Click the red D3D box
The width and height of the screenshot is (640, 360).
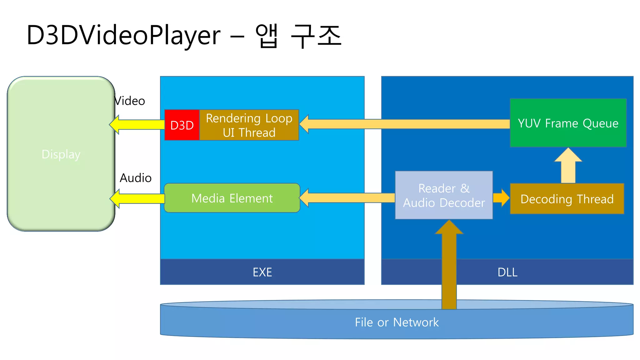click(182, 125)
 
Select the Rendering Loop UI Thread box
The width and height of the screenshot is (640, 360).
click(249, 125)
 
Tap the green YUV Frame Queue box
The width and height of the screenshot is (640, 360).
click(568, 123)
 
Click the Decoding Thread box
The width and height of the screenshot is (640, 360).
click(567, 199)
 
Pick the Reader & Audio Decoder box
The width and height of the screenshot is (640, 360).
click(444, 195)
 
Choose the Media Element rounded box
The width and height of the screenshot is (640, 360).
click(232, 198)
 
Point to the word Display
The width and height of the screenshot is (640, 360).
click(61, 154)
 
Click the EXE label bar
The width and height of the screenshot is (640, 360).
click(262, 272)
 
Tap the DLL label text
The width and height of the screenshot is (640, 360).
click(507, 272)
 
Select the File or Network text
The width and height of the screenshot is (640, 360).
click(397, 322)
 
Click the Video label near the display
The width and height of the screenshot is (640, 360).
click(130, 101)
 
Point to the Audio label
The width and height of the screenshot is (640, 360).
click(136, 178)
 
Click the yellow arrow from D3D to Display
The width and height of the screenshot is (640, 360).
click(137, 124)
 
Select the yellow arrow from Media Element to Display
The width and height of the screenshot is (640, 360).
click(137, 198)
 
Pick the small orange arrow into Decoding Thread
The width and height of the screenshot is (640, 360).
click(501, 198)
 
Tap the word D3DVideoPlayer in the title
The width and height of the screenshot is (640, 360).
click(123, 35)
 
